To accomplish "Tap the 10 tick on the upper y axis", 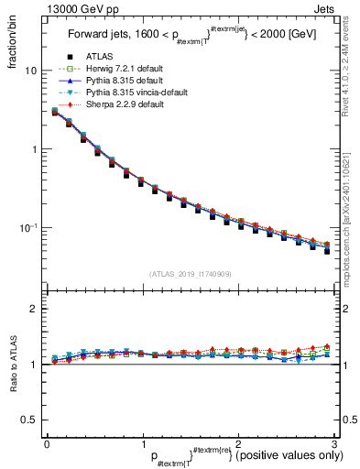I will point(31,71).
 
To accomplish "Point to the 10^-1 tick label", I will point(28,227).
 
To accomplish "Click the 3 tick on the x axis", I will point(334,442).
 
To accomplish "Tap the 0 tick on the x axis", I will point(47,442).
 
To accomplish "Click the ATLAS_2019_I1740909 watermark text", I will point(191,274).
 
